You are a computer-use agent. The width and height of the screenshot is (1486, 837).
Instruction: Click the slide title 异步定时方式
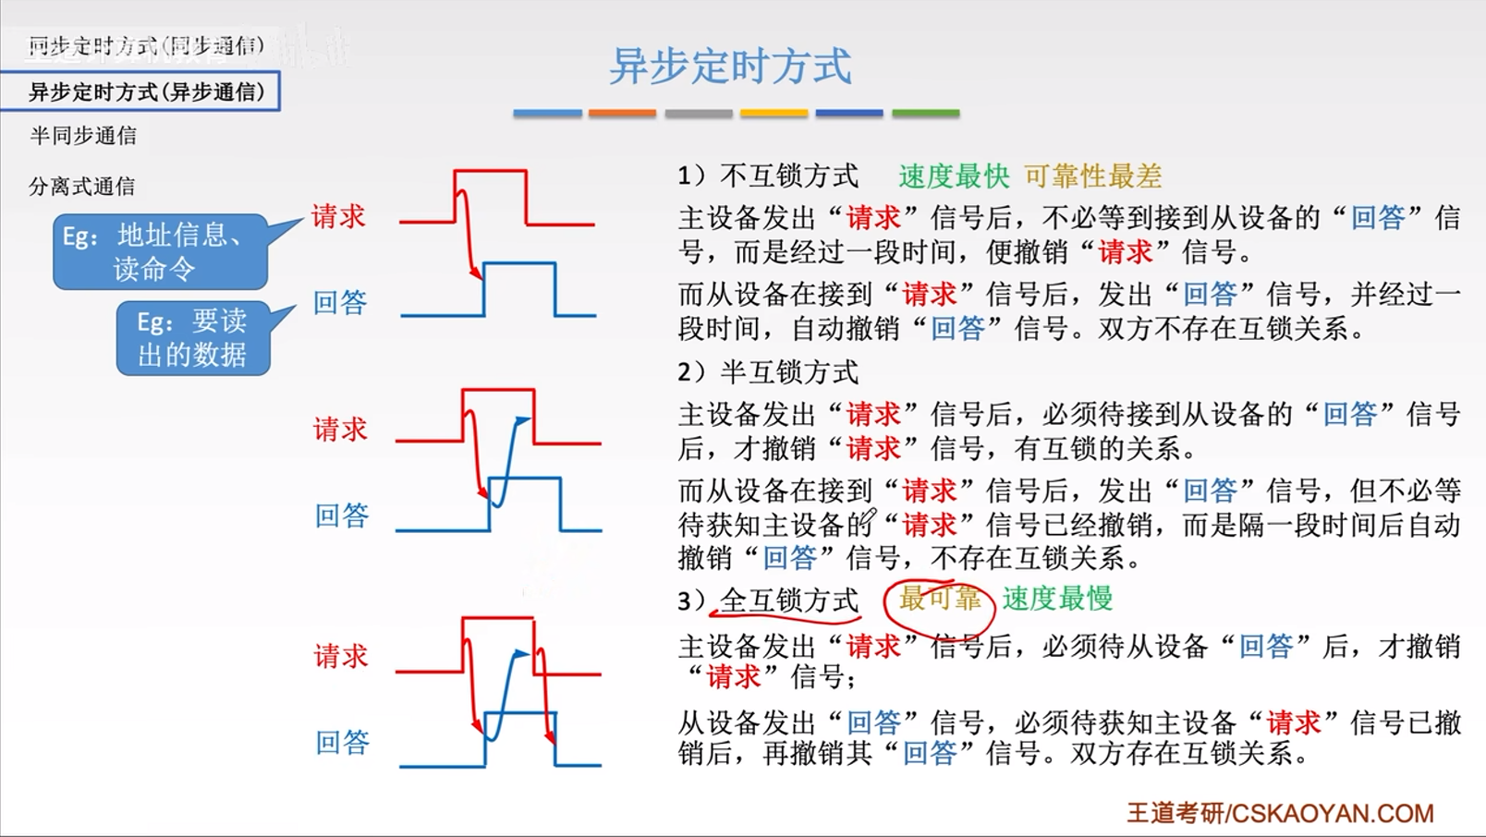[x=730, y=67]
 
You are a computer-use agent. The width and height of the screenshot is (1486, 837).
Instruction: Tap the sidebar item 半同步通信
[x=83, y=136]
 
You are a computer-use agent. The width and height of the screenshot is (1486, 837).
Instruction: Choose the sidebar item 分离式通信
[x=82, y=187]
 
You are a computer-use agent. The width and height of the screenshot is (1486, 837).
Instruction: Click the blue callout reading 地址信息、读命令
[x=161, y=251]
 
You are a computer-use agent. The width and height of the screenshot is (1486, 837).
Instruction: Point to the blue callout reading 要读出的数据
[x=193, y=338]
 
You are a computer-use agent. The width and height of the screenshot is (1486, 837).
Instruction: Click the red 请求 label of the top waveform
[x=338, y=216]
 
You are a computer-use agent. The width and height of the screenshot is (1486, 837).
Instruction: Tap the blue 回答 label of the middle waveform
[x=342, y=516]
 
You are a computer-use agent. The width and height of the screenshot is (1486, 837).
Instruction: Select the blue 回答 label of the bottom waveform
[x=342, y=742]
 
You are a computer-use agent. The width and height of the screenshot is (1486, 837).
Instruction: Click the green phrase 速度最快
[x=954, y=176]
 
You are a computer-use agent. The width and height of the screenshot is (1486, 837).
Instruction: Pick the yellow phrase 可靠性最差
[x=1092, y=176]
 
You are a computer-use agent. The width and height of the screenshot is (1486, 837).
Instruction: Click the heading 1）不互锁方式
[x=768, y=176]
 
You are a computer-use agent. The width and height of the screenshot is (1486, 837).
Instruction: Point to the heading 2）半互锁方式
[x=768, y=372]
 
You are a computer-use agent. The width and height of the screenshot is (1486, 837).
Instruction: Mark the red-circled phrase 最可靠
[x=939, y=599]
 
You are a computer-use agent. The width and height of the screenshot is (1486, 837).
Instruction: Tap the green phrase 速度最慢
[x=1057, y=599]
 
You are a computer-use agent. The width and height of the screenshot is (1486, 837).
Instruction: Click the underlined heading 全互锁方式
[x=789, y=600]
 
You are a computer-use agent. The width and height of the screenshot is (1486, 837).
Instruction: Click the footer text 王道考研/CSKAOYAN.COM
[x=1280, y=813]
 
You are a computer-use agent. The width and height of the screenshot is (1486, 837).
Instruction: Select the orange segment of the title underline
[x=622, y=114]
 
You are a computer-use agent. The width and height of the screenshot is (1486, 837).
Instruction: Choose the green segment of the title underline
[x=925, y=114]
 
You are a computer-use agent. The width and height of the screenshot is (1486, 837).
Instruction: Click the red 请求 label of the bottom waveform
[x=341, y=657]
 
